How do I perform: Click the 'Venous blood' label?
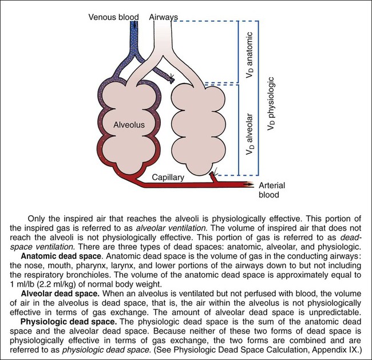pos(114,17)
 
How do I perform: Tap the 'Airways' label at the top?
pos(164,17)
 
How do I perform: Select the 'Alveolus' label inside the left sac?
pos(129,125)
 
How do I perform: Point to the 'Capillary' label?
pos(168,177)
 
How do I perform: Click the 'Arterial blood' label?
pos(272,190)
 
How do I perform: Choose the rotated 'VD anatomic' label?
pos(250,55)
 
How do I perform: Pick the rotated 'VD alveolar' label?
pos(250,134)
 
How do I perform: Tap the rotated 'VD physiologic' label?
pos(271,104)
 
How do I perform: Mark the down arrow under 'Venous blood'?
pos(135,25)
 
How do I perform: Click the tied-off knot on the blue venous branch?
pos(171,79)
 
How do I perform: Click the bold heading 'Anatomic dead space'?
pos(61,256)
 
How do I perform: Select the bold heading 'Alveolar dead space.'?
pos(60,294)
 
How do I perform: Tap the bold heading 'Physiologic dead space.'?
pos(69,322)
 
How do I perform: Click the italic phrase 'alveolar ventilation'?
pos(171,228)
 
